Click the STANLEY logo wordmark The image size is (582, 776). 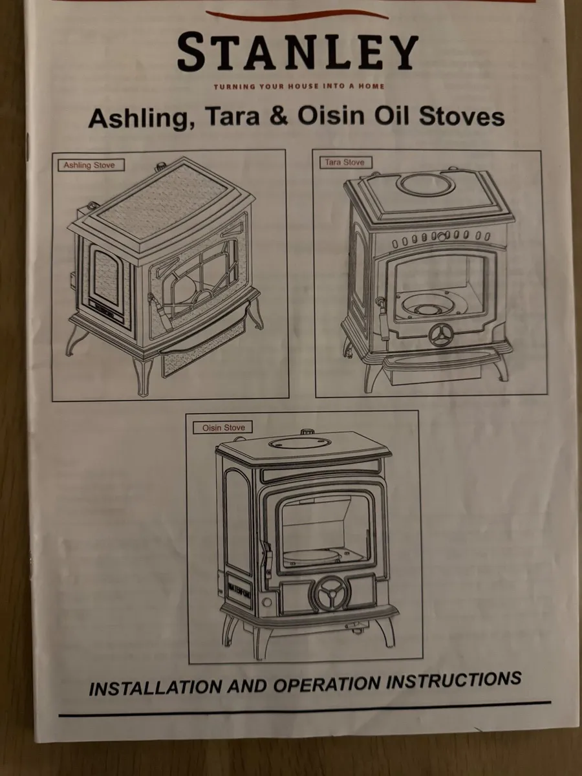[297, 53]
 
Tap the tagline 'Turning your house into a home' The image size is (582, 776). [298, 86]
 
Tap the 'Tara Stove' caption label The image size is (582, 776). [345, 163]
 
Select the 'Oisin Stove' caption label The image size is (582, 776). [223, 427]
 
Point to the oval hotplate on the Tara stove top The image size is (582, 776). [426, 184]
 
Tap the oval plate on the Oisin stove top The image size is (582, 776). [299, 443]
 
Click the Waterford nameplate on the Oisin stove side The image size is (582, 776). [239, 590]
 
